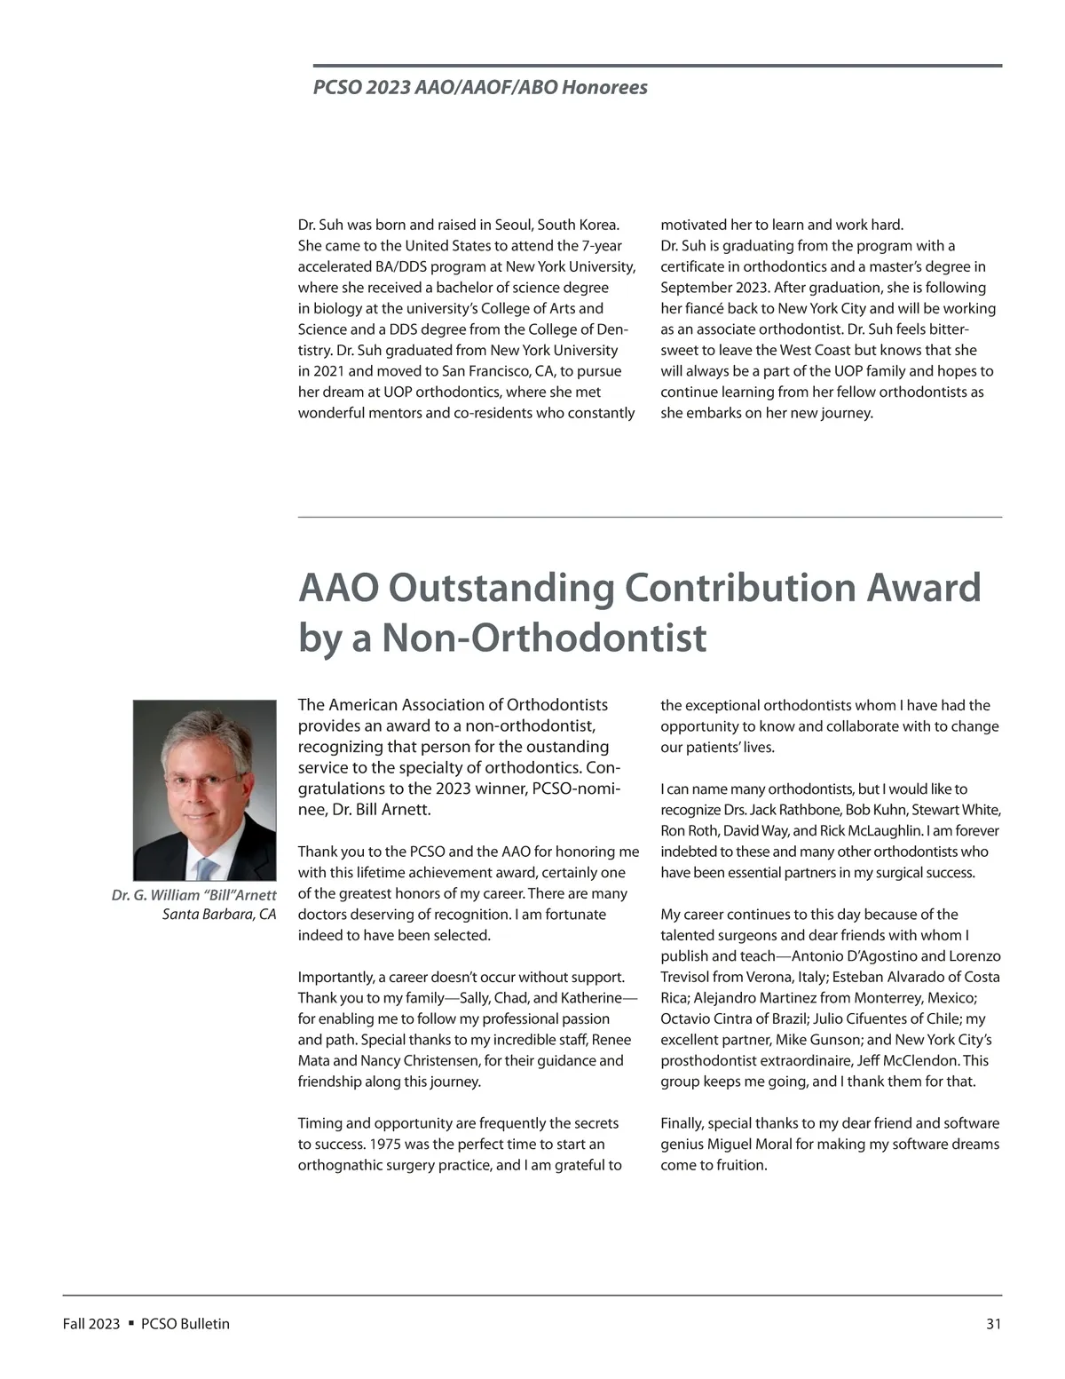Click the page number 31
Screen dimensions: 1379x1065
pyautogui.click(x=993, y=1324)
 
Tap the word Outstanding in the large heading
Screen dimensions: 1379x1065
pyautogui.click(x=501, y=588)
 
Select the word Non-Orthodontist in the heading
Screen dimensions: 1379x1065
pyautogui.click(x=544, y=638)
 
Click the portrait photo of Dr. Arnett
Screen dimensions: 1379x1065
pyautogui.click(x=205, y=789)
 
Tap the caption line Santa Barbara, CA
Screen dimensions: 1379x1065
pyautogui.click(x=219, y=915)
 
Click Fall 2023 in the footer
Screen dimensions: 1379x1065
pyautogui.click(x=91, y=1324)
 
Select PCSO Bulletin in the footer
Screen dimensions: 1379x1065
pyautogui.click(x=185, y=1324)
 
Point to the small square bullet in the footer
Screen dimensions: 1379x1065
pyautogui.click(x=130, y=1323)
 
